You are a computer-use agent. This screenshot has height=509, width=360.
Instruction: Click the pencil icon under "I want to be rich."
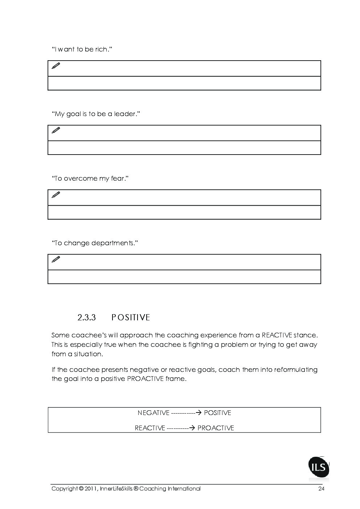[x=56, y=66]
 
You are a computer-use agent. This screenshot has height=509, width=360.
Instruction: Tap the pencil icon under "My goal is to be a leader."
[x=56, y=130]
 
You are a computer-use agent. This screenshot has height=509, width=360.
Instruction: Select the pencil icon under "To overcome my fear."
[x=56, y=195]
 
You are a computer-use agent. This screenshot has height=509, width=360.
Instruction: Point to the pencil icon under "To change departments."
[x=56, y=259]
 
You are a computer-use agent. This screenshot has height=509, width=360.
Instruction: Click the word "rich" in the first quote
[x=102, y=49]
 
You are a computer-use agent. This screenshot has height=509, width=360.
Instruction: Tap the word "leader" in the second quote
[x=125, y=114]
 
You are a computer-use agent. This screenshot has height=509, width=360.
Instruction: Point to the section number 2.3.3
[x=86, y=317]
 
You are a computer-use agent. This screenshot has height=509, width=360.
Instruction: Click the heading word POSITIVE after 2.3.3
[x=131, y=317]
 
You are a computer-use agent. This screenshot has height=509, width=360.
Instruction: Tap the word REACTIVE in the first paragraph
[x=277, y=335]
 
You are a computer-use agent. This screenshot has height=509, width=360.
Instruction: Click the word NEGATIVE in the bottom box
[x=154, y=413]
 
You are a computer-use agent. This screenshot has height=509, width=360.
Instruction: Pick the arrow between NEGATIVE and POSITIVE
[x=198, y=413]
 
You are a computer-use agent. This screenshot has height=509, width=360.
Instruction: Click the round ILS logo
[x=319, y=468]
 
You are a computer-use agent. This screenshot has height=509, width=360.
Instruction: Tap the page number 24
[x=321, y=489]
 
